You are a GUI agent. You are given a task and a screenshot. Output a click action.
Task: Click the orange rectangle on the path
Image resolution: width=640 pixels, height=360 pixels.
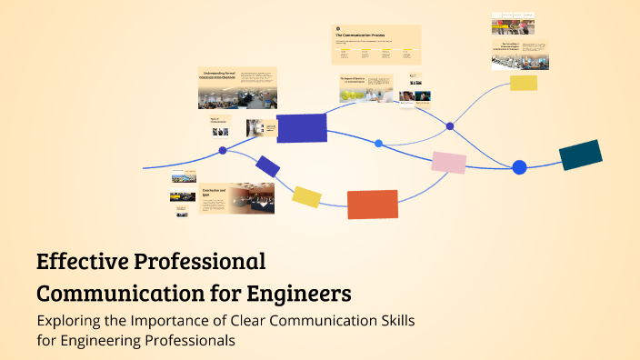click(x=373, y=205)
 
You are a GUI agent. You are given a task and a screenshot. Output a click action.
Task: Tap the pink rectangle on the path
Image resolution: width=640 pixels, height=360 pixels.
click(x=449, y=163)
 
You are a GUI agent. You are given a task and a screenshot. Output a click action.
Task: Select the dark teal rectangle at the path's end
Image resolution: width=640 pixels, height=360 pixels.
click(x=580, y=155)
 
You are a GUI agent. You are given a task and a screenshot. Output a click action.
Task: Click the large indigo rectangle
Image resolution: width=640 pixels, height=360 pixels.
click(x=302, y=128)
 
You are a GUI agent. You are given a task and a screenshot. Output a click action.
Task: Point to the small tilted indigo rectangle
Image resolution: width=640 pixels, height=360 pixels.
click(x=267, y=166)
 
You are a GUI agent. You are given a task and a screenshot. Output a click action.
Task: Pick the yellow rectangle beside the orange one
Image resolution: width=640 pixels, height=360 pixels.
click(x=306, y=196)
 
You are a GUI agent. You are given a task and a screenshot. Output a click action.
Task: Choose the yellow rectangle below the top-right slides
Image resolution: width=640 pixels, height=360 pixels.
click(x=524, y=83)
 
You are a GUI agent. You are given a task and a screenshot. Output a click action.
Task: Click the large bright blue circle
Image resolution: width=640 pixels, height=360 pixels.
click(x=519, y=167)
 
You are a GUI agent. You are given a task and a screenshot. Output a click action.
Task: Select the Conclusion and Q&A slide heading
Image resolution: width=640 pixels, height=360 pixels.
click(x=212, y=193)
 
